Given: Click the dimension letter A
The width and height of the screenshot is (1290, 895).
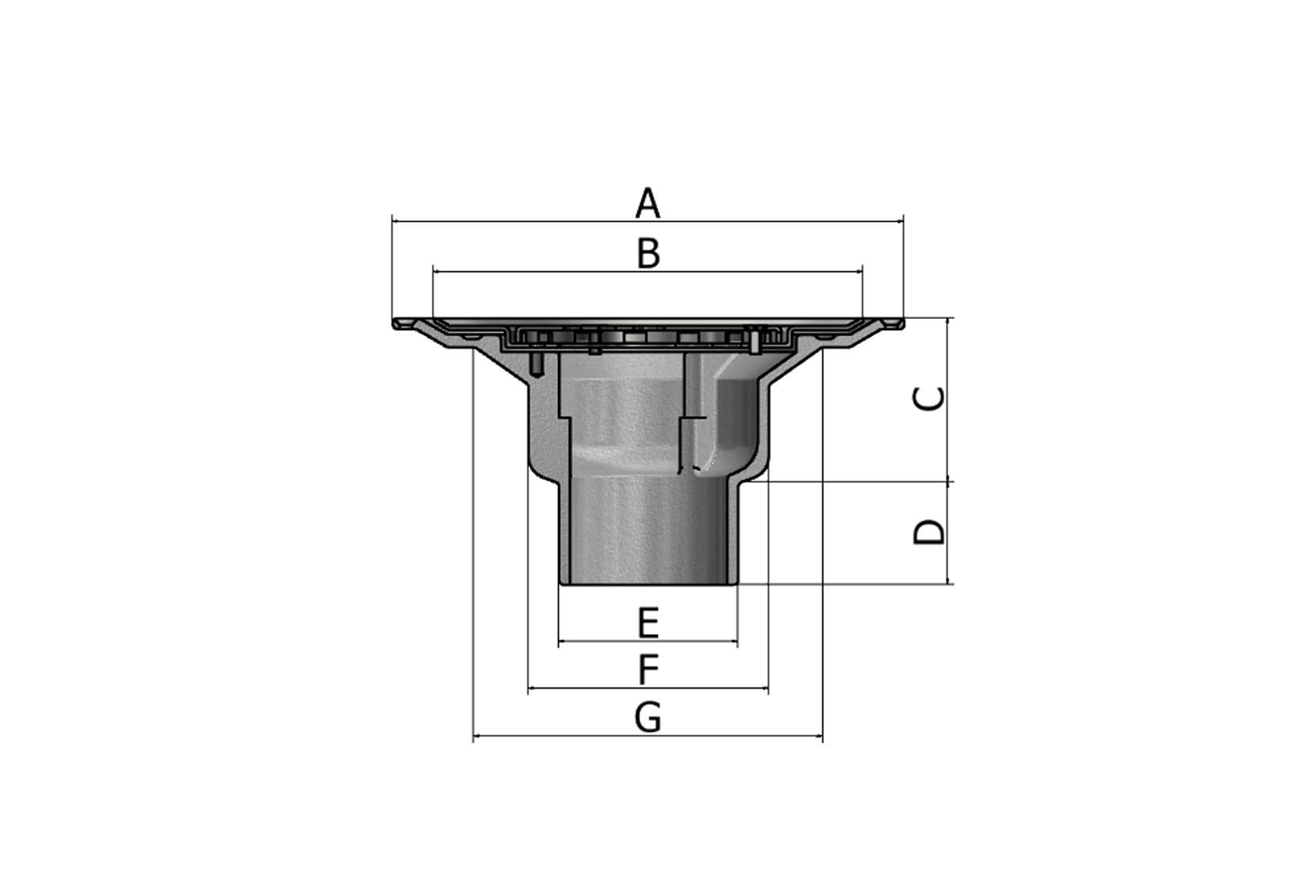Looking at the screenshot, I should tap(647, 203).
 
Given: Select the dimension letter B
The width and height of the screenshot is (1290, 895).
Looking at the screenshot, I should tap(647, 254).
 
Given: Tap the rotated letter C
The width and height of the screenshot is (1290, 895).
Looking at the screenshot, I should tap(929, 399).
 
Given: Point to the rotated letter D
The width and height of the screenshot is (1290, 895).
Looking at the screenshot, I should tap(929, 532).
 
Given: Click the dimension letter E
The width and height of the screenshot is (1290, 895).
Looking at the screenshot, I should tap(647, 623).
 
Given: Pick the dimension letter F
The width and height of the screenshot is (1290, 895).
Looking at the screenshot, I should tap(647, 669).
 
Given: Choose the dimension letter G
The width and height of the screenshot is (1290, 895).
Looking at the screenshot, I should tap(647, 718).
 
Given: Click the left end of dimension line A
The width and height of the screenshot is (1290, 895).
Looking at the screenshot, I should tap(393, 222).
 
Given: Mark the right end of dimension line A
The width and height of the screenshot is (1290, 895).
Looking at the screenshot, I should tap(903, 222).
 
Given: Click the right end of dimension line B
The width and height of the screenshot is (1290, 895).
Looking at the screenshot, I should tap(863, 271).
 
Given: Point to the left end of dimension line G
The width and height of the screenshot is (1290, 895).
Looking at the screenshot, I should tap(473, 736).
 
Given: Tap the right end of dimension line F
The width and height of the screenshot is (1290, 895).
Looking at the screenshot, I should tap(768, 688).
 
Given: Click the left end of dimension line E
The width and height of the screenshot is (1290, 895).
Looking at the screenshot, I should tap(559, 642).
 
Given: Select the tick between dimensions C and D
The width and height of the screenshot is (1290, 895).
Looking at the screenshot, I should tap(948, 481).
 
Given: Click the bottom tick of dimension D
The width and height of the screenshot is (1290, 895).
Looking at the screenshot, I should tap(948, 584).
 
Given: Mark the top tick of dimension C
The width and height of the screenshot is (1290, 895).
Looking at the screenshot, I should tap(948, 318).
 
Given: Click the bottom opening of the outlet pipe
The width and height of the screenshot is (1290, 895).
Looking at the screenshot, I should tap(647, 583).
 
